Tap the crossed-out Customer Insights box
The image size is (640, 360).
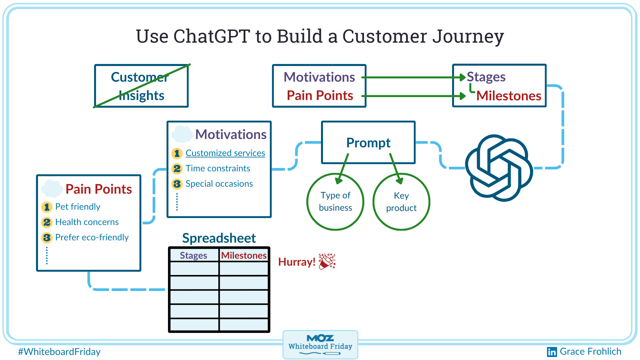[141, 86]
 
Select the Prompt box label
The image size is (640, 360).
[368, 143]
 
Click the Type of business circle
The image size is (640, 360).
[335, 202]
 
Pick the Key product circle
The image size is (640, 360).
[401, 202]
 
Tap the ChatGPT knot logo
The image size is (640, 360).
[499, 168]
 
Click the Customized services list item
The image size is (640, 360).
[225, 153]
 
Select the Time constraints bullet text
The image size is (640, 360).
[218, 168]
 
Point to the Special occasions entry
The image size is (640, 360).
[219, 184]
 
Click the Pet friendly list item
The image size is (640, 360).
[78, 207]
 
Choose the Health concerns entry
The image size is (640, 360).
[87, 222]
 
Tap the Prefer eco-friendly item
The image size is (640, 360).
[92, 237]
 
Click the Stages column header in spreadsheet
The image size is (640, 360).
[194, 255]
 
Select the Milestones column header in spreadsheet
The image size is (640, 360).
[244, 255]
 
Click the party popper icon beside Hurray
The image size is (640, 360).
[327, 261]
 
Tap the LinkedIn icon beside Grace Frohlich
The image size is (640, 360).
[552, 352]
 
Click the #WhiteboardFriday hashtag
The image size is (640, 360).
[59, 352]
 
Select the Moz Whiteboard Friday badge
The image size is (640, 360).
[320, 344]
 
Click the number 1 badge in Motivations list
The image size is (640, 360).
[177, 153]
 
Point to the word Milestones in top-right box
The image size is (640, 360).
[509, 96]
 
